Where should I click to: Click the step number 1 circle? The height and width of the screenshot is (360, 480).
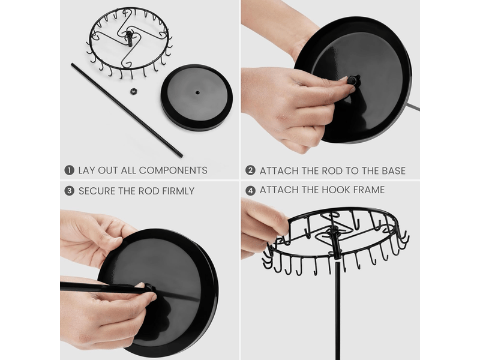coord(70,170)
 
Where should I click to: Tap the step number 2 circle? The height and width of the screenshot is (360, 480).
coord(250,170)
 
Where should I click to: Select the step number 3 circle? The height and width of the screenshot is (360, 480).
coord(70,191)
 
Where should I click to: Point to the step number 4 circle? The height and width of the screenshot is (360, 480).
coord(250,191)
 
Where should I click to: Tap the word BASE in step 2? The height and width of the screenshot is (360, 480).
coord(394,170)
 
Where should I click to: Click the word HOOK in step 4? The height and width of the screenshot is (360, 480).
coord(335,190)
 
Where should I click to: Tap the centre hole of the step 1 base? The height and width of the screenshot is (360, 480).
coord(197,92)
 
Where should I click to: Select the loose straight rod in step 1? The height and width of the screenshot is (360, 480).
coord(127,110)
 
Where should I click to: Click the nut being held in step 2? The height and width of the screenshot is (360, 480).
coord(352,81)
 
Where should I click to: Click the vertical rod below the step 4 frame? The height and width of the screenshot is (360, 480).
coord(338,310)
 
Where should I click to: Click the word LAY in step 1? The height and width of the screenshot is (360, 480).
coord(86,170)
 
